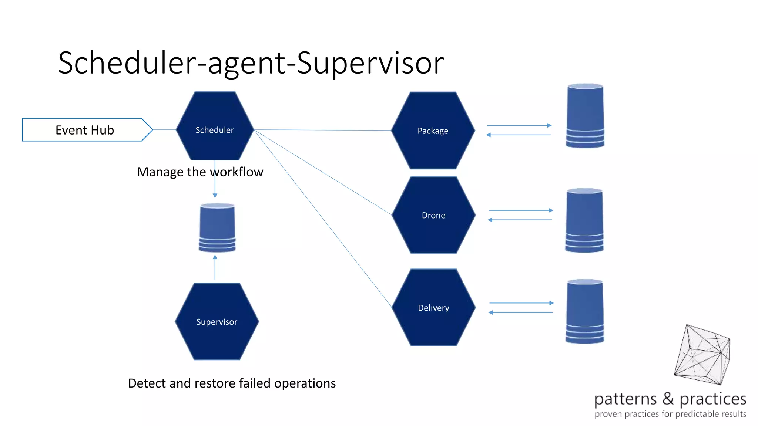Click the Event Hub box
click(85, 130)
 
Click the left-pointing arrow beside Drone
click(520, 220)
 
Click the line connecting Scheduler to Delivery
click(323, 218)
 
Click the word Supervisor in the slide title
click(370, 63)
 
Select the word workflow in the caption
click(237, 172)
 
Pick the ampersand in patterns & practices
click(668, 399)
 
